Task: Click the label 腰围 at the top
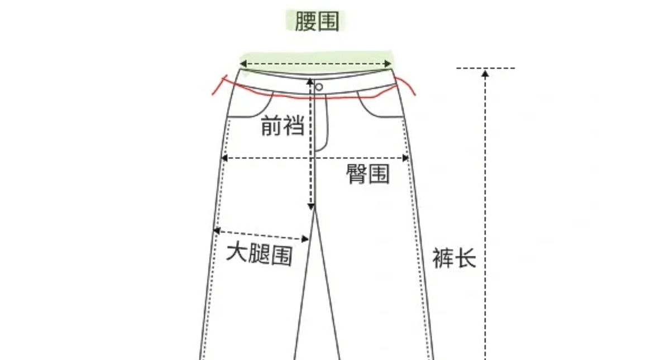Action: [x=317, y=22]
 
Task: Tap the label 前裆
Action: [x=283, y=127]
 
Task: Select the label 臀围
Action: [x=368, y=175]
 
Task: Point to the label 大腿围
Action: [x=259, y=255]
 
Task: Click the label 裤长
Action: [x=454, y=258]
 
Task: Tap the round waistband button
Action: [x=319, y=87]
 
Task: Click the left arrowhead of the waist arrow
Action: [x=244, y=65]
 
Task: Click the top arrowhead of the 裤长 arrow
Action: [x=485, y=73]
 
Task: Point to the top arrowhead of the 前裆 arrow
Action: [x=310, y=82]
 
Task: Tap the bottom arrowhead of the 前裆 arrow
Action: [x=310, y=207]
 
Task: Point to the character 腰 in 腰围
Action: [x=305, y=22]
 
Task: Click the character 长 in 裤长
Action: [x=465, y=258]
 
